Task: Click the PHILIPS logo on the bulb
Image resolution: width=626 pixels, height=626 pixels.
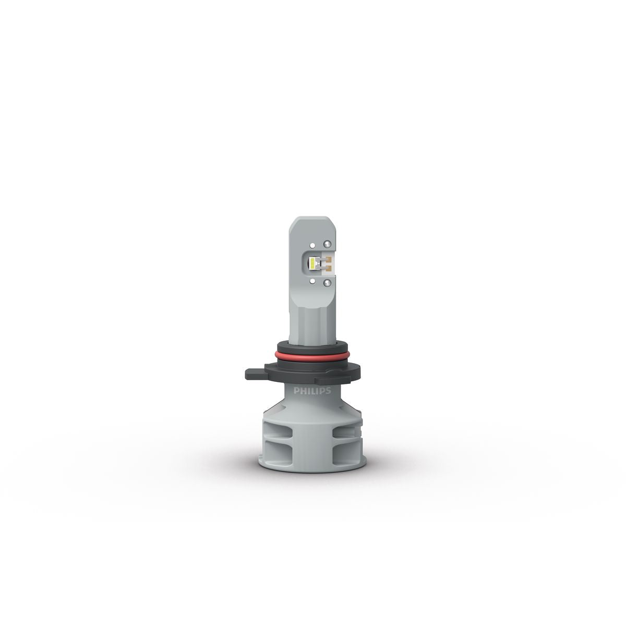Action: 312,391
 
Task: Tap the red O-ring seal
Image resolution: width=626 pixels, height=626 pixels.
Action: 312,357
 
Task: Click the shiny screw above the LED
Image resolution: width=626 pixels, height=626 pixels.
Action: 327,244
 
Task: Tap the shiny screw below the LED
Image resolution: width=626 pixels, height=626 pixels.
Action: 327,283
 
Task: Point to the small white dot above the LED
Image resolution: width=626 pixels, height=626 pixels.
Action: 312,245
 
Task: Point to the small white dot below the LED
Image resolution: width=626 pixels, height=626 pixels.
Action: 312,281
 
